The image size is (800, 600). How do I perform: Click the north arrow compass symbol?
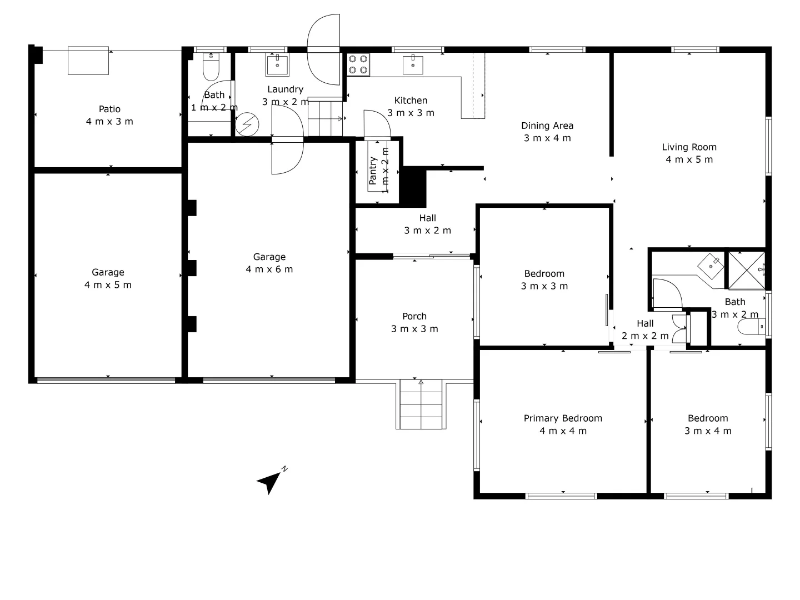(270, 481)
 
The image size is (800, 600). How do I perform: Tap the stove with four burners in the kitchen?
(358, 64)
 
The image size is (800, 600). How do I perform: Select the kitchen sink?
(413, 64)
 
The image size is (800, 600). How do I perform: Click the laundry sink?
(277, 65)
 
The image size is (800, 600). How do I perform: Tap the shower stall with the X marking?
(746, 271)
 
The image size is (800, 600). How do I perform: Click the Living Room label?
(689, 147)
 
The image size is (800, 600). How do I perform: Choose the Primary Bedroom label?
(563, 418)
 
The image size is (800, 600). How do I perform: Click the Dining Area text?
(547, 126)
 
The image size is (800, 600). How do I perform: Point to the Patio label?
(109, 109)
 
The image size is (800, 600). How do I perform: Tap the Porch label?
(414, 316)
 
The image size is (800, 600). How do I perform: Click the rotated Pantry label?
(373, 171)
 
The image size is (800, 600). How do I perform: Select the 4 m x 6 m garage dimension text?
(269, 269)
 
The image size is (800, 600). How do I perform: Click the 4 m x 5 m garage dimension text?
(108, 285)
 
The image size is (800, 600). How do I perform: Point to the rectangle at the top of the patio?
(88, 61)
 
